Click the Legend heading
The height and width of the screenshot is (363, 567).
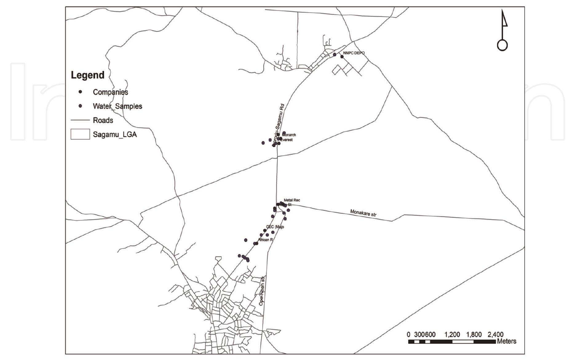coord(88,75)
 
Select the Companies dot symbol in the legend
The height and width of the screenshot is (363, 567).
coord(80,92)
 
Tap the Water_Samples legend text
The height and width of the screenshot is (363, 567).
coord(117,106)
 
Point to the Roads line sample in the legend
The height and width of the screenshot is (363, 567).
coord(80,120)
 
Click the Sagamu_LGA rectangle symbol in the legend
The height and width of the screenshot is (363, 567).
coord(80,134)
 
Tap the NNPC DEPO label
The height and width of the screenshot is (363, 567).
coord(354,53)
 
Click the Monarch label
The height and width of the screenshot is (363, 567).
coord(289,135)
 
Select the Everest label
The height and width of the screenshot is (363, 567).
coord(287,140)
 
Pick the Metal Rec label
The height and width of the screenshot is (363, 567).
coord(292,200)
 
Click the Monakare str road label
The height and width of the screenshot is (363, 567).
coord(363,213)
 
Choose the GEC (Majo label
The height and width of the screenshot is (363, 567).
coord(275,227)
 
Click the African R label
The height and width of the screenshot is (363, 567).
coord(266,240)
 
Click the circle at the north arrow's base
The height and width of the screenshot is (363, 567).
coord(502,45)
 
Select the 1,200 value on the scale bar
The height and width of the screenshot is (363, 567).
coord(452,335)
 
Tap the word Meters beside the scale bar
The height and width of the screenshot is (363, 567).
coord(506,341)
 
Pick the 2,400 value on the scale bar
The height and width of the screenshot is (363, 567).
coord(495,335)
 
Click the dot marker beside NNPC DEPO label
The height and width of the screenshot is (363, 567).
coord(342,57)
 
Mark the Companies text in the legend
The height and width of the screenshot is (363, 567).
coord(110,92)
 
